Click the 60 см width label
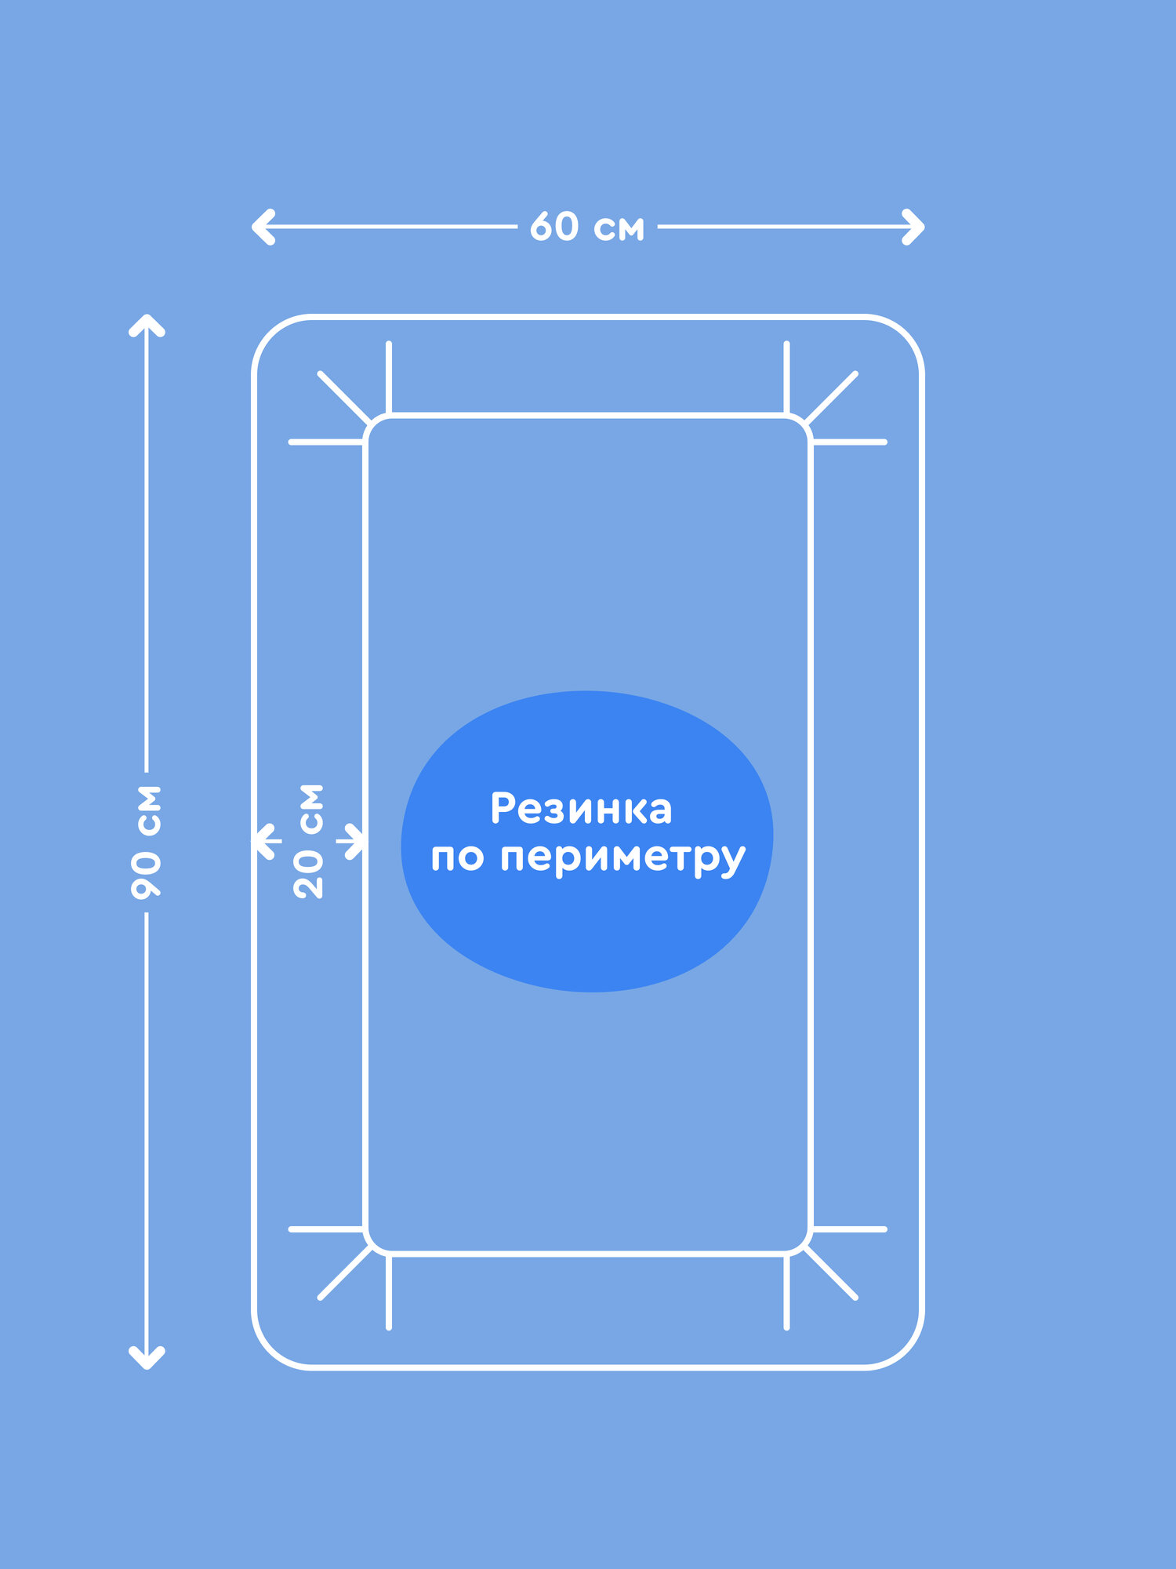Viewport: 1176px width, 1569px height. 586,228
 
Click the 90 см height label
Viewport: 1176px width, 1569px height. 147,841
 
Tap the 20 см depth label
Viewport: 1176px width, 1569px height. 309,841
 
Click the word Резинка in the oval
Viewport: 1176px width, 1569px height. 581,809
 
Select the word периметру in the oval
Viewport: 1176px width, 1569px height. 622,858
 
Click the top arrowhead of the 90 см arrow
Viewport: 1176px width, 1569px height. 147,324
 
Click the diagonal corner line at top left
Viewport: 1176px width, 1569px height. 343,398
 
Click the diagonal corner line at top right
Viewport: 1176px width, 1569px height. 832,398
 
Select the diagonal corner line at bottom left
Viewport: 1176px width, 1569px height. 343,1273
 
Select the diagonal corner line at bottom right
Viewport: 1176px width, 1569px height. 832,1273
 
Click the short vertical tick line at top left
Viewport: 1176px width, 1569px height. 389,377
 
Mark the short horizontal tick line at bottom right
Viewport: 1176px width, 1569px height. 849,1229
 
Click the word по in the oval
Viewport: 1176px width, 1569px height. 456,857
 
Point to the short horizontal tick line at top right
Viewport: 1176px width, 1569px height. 849,442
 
